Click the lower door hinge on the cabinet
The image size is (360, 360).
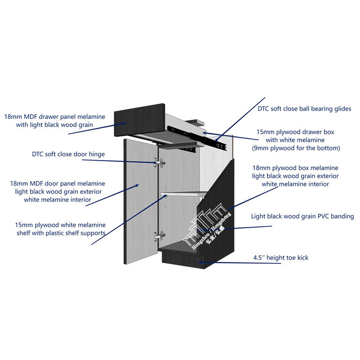pyautogui.click(x=157, y=236)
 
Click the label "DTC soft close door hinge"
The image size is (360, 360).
pyautogui.click(x=68, y=154)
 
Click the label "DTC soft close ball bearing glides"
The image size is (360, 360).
pyautogui.click(x=304, y=108)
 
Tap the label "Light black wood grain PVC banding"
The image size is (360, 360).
pyautogui.click(x=302, y=216)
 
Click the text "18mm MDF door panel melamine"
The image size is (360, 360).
pyautogui.click(x=58, y=184)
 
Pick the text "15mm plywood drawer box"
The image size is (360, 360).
pyautogui.click(x=295, y=132)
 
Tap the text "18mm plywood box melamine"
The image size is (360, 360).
pyautogui.click(x=295, y=168)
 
